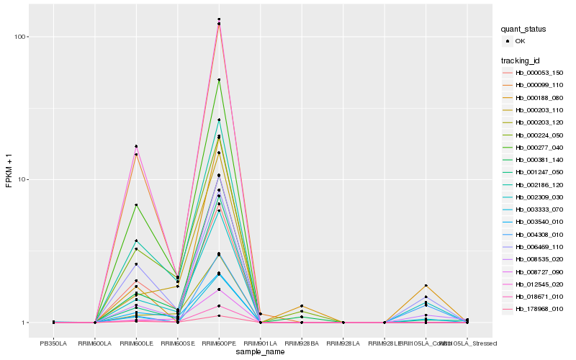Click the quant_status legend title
524,29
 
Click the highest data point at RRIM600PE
219,19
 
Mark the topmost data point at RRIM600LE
136,146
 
